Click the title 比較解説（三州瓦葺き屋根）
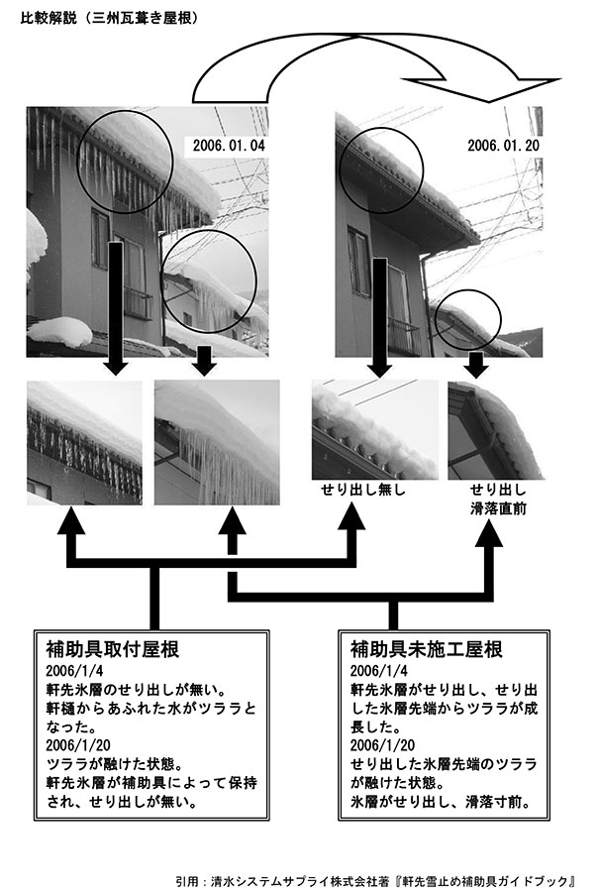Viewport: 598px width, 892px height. (x=109, y=19)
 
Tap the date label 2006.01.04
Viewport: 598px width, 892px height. (x=229, y=145)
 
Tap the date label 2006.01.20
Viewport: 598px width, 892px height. (x=503, y=145)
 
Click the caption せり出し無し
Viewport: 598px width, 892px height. (x=363, y=490)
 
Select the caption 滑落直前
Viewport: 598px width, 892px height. (x=498, y=508)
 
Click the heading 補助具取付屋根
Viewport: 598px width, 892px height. (x=113, y=649)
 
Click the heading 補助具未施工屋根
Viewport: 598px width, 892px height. (x=427, y=649)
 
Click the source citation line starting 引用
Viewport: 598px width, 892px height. (x=376, y=881)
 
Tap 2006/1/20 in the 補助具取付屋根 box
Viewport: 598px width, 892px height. (x=78, y=745)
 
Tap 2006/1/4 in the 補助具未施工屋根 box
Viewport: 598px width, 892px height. (x=378, y=671)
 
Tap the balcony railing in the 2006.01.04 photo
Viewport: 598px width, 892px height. (x=139, y=304)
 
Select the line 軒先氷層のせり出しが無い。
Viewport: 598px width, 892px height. (x=137, y=690)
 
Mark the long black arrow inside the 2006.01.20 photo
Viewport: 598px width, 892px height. (x=380, y=317)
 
